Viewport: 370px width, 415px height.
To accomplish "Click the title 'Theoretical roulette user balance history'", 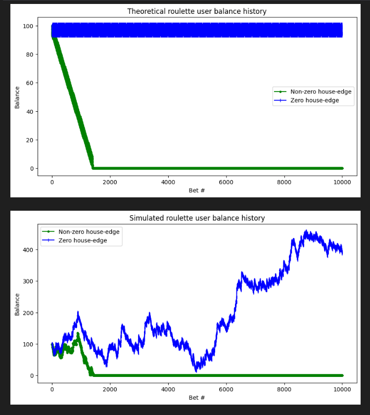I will point(197,11).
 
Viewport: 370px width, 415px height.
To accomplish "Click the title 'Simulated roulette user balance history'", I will point(197,218).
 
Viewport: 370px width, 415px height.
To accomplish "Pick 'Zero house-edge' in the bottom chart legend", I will point(82,241).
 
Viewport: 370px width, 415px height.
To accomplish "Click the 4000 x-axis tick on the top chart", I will point(168,182).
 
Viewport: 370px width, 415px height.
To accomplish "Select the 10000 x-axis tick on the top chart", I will point(342,182).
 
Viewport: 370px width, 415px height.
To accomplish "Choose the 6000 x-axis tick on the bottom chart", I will point(226,389).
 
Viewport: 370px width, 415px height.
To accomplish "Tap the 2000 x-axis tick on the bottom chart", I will point(110,389).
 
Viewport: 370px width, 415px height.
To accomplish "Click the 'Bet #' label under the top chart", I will point(197,190).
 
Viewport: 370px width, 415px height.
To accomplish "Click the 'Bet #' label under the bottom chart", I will point(197,398).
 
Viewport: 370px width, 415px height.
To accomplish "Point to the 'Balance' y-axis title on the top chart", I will point(17,97).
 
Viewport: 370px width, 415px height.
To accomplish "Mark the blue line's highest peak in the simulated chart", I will point(306,231).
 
